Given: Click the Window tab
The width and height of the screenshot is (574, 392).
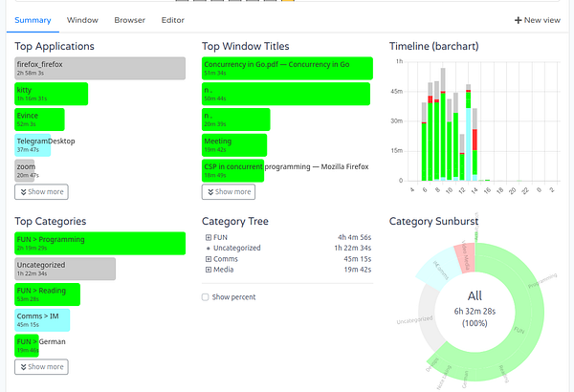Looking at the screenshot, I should [82, 19].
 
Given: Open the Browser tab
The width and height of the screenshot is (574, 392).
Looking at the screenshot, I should [129, 19].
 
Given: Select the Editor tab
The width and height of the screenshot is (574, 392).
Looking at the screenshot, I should [173, 19].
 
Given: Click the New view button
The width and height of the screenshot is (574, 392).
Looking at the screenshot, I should [537, 19].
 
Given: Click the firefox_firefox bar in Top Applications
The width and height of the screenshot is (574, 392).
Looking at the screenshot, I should [100, 68].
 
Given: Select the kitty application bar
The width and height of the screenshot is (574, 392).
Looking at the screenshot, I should [52, 94].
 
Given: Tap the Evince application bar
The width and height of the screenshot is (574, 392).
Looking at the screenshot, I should [40, 120].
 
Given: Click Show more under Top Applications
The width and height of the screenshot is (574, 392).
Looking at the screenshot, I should [41, 191].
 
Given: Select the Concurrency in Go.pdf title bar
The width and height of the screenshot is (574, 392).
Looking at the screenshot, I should [286, 68].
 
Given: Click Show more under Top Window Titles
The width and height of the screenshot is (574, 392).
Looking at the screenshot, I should [229, 191].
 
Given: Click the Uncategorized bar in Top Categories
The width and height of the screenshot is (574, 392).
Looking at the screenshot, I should [65, 269].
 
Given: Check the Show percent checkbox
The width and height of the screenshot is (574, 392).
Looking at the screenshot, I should [206, 297].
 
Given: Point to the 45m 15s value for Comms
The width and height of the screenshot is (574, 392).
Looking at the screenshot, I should [356, 259].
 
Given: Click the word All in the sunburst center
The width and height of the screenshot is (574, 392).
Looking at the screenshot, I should [475, 297].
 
